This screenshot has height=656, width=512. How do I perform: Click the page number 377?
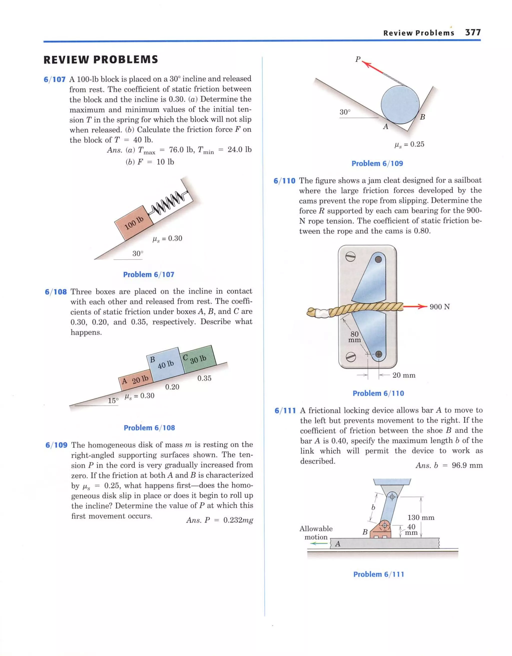point(473,33)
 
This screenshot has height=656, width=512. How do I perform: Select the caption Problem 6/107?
point(149,274)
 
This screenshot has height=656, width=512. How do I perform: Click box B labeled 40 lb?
point(166,364)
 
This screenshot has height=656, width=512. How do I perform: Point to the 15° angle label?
point(113,401)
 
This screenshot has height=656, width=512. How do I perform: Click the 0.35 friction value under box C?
point(204,378)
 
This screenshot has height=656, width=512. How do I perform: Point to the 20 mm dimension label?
point(404,375)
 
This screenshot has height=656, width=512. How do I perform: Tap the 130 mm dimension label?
point(421,517)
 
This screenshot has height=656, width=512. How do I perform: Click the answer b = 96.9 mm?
point(449,465)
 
